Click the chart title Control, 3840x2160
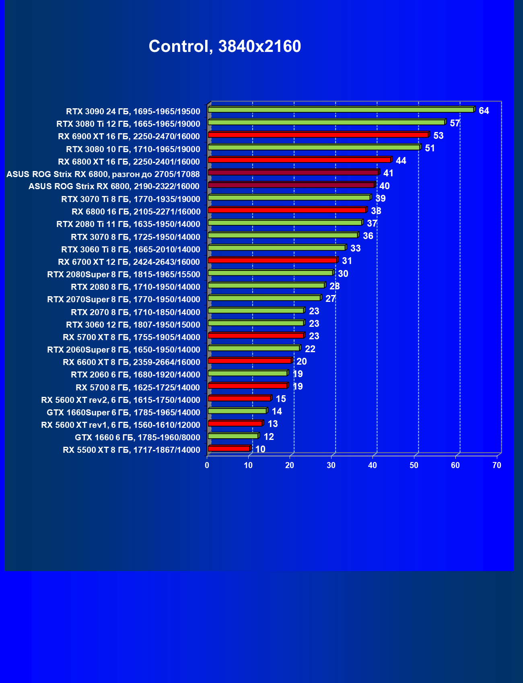click(x=224, y=46)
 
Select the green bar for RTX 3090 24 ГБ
click(x=341, y=109)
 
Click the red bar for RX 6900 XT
click(x=318, y=134)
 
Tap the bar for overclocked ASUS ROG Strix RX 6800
click(x=293, y=172)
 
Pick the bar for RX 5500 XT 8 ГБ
click(x=229, y=448)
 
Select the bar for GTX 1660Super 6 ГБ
click(x=237, y=411)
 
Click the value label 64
click(x=484, y=111)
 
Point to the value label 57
click(x=455, y=123)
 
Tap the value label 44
click(x=401, y=161)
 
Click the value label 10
click(x=260, y=449)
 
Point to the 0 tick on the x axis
click(x=207, y=465)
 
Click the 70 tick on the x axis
click(x=497, y=465)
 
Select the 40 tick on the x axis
click(x=373, y=465)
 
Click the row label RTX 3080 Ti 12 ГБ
click(x=128, y=124)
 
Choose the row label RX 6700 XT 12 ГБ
click(x=129, y=262)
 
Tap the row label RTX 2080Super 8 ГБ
click(x=124, y=274)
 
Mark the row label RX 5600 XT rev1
click(x=120, y=425)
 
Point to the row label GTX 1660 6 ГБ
click(x=137, y=437)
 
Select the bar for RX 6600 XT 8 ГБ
click(x=249, y=361)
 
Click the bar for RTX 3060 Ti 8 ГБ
click(x=276, y=248)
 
